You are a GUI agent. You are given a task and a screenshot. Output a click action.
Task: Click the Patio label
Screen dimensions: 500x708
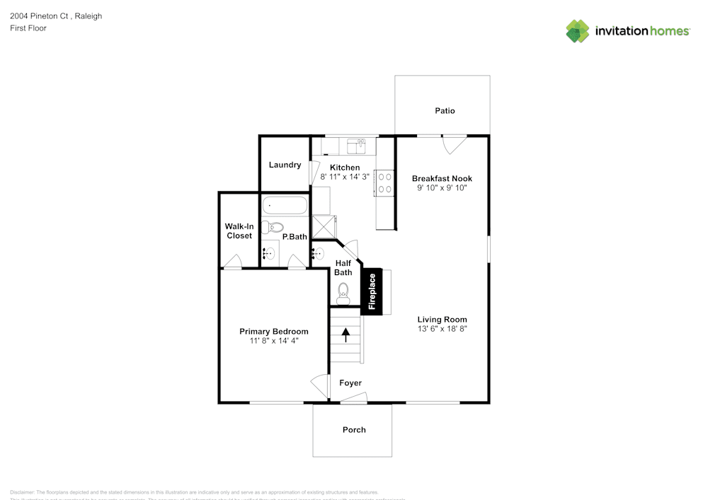coord(445,110)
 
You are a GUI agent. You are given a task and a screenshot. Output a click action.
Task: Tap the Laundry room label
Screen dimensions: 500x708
coord(285,165)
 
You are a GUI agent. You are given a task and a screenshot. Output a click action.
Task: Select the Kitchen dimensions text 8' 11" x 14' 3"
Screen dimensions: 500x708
coord(345,177)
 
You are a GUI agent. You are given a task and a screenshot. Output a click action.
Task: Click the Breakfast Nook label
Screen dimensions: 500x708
coord(442,178)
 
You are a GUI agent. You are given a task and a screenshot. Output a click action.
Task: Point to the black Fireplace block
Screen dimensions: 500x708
coord(372,291)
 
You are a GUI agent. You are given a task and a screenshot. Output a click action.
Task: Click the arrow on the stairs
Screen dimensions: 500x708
coord(346,335)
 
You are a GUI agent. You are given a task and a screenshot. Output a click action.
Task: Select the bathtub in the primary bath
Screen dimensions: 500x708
coord(285,206)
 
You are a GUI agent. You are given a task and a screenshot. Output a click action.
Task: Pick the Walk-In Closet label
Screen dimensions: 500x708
coord(239,231)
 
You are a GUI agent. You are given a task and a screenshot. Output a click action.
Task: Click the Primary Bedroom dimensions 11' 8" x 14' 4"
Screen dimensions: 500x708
coord(274,341)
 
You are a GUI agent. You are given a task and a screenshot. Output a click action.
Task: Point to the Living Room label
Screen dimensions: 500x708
coord(442,319)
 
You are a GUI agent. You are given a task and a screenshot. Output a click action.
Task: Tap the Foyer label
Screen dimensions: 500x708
coord(350,383)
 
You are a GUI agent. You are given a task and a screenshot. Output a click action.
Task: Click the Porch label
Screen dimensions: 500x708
coord(354,429)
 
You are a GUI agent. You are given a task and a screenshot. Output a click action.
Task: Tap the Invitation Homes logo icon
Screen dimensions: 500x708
coord(578,31)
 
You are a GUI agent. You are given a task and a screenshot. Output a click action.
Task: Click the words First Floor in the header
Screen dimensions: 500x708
coord(28,28)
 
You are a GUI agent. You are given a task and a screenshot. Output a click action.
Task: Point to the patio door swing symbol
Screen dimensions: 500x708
coord(452,144)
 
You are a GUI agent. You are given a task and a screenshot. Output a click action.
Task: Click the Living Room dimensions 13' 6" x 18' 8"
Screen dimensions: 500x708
coord(442,329)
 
